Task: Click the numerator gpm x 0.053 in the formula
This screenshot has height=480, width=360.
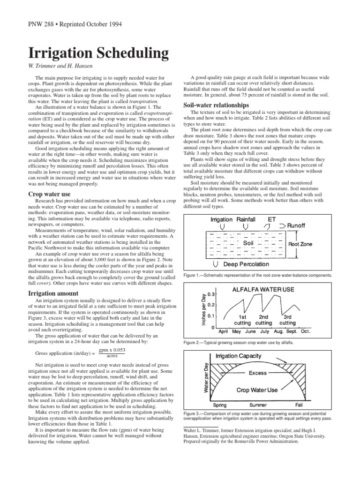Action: [x=112, y=350]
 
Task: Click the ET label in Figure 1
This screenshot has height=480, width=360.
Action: [x=271, y=219]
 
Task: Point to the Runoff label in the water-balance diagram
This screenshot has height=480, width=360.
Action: [x=296, y=225]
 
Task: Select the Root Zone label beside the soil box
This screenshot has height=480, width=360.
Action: [x=300, y=244]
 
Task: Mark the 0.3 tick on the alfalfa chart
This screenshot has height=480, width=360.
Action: [x=211, y=294]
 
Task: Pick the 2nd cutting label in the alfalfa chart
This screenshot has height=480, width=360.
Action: [x=263, y=320]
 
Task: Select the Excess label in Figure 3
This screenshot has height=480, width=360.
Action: [x=257, y=373]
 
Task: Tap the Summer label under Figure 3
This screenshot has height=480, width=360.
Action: [x=258, y=405]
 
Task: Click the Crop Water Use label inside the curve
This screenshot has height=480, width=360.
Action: [x=257, y=390]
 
